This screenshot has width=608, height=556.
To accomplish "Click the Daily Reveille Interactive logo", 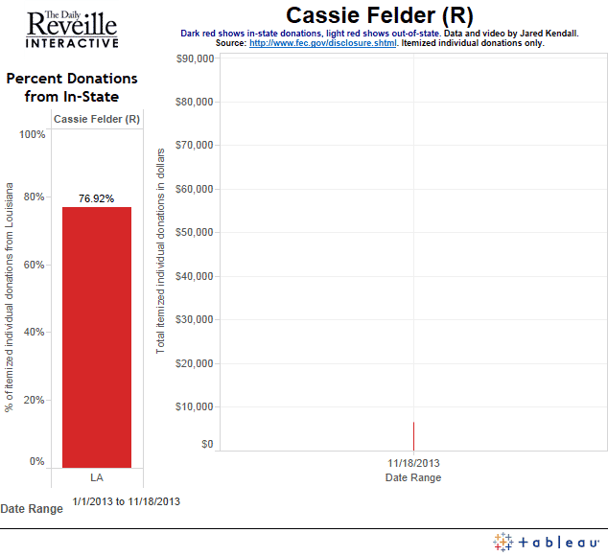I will click(x=73, y=29).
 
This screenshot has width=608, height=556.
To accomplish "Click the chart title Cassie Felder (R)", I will click(x=379, y=15).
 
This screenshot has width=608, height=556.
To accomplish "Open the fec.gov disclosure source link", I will click(x=323, y=42).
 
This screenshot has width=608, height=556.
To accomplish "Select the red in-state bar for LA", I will click(x=97, y=336).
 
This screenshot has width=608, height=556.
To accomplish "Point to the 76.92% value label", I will click(x=97, y=198).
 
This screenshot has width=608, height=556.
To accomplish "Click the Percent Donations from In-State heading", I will click(x=72, y=87).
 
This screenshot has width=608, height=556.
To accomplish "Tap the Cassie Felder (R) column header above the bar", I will click(x=97, y=119).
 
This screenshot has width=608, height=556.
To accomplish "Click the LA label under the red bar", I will click(x=97, y=477).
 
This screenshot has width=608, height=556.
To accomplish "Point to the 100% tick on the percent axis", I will click(x=34, y=134).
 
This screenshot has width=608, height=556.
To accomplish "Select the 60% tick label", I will click(x=35, y=265).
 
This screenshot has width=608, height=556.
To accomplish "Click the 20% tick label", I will click(x=35, y=400).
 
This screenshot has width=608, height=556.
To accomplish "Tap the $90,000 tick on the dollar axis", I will click(x=195, y=58).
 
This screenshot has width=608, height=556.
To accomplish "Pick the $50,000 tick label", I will click(x=195, y=232).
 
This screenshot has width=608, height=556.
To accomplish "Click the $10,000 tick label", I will click(x=195, y=406).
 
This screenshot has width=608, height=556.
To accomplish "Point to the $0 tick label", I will click(x=207, y=444).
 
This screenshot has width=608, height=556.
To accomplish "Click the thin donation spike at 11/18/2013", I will click(x=413, y=436).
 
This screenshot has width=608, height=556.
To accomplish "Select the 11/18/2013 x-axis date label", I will click(x=413, y=462).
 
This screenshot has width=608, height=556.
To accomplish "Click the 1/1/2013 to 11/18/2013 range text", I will click(x=126, y=500).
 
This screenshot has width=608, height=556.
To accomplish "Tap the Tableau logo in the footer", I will click(x=546, y=542).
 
